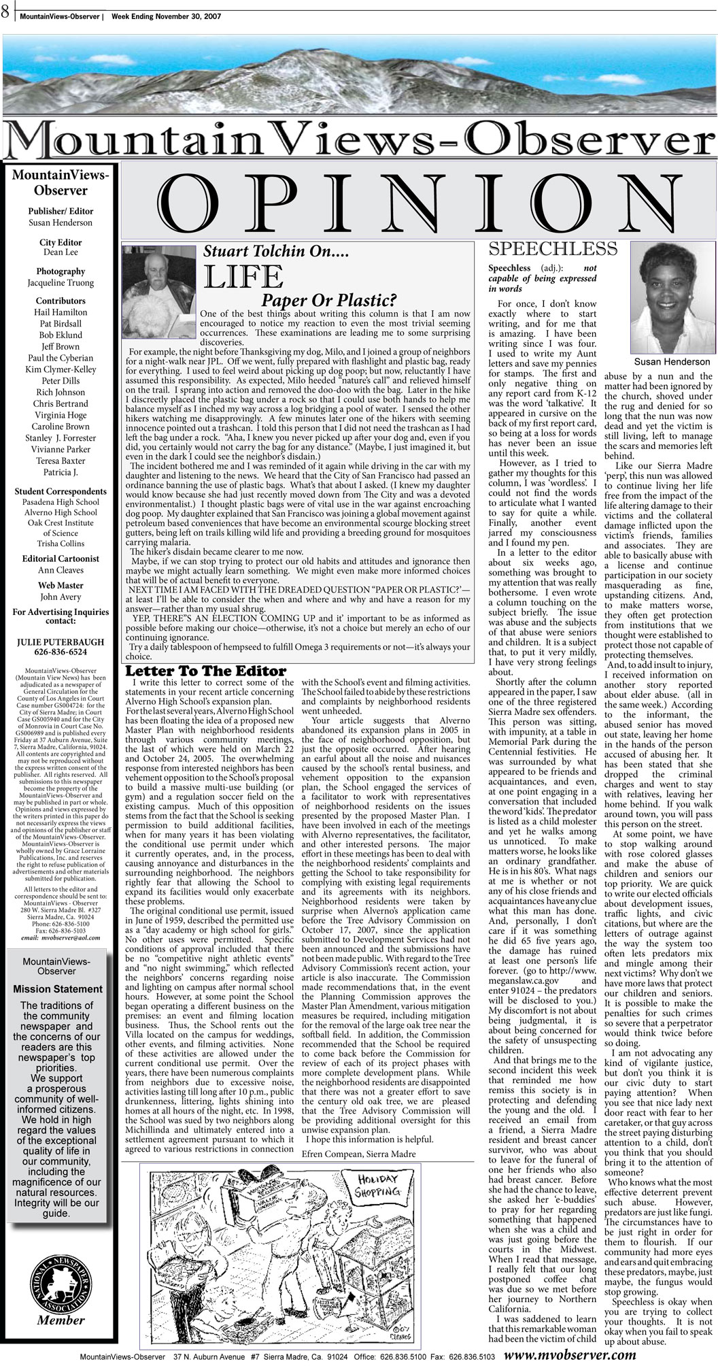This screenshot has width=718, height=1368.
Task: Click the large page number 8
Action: tap(5, 10)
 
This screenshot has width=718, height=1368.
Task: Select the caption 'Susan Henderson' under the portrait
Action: tap(672, 362)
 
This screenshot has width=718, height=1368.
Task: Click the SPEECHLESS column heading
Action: tap(553, 248)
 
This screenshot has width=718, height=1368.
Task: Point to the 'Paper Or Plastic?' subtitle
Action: tap(330, 300)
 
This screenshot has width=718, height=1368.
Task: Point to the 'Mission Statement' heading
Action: tap(61, 988)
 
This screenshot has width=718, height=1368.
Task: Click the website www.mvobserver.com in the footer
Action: tap(571, 1354)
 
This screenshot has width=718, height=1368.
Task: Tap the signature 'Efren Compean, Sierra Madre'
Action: tap(358, 1154)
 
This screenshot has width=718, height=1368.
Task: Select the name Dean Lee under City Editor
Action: tap(61, 251)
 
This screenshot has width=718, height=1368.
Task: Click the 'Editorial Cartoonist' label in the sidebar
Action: tap(61, 558)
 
